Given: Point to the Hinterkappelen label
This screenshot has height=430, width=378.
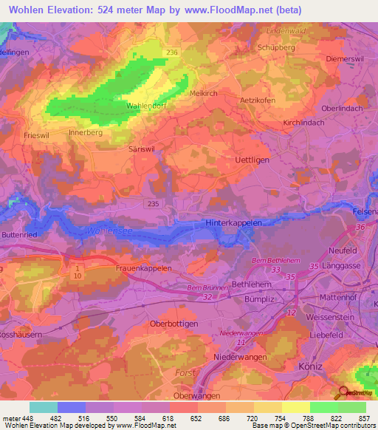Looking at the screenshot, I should [234, 222].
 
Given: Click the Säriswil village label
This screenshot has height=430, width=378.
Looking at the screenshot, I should [134, 148].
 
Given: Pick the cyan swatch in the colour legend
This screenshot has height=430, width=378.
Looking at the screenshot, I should [43, 407].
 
